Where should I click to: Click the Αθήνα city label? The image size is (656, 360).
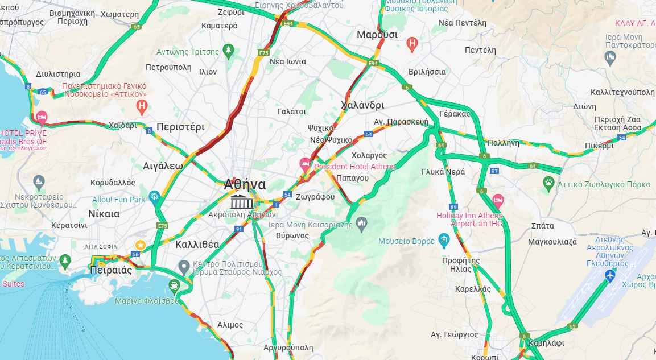tap(245, 184)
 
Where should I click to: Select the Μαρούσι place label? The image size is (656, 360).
tap(377, 35)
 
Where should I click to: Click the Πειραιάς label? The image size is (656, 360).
tap(111, 270)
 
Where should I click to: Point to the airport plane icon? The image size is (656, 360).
tap(610, 276)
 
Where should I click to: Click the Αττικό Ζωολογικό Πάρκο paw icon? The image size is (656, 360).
tap(548, 183)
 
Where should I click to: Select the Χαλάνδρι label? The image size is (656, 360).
tap(362, 105)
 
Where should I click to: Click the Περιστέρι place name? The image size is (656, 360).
tap(180, 126)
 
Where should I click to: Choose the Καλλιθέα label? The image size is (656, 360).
tap(197, 245)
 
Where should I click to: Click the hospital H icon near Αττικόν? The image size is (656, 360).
tap(142, 106)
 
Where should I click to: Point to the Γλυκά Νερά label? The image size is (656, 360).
tap(443, 172)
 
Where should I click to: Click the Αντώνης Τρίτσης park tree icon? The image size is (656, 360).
tap(228, 51)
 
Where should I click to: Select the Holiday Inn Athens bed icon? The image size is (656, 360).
tap(498, 200)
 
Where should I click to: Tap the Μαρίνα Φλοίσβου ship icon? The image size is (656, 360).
tap(174, 285)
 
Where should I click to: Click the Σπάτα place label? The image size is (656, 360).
tap(542, 226)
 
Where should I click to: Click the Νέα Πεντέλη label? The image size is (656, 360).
tap(463, 23)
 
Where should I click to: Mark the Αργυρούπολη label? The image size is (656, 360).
tap(288, 347)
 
